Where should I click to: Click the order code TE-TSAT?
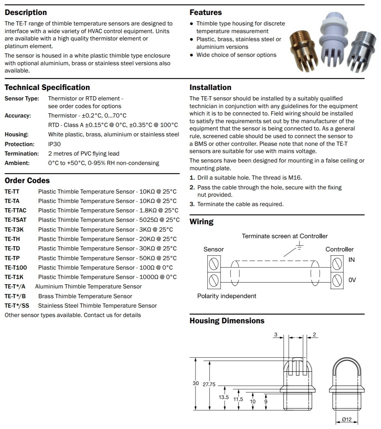tap(15, 220)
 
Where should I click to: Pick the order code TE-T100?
tap(16, 268)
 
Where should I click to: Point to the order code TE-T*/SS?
tap(17, 306)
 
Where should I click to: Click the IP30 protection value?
tap(54, 144)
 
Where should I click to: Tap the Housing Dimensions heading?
tap(227, 321)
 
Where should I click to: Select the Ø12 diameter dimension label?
tap(346, 420)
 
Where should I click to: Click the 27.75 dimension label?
tap(209, 384)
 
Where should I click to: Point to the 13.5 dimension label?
tap(224, 397)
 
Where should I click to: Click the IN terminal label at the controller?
tap(351, 260)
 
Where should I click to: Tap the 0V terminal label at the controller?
tap(352, 280)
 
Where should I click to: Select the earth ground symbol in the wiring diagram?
tap(299, 247)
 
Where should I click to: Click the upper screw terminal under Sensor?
tap(214, 264)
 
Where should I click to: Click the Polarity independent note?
tap(226, 296)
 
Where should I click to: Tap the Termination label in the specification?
tap(22, 153)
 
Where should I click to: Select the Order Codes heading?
tap(27, 181)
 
